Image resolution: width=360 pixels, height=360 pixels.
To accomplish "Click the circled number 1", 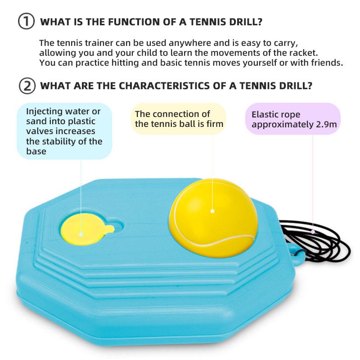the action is point(27,21).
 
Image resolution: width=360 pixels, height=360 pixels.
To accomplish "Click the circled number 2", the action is point(27,86).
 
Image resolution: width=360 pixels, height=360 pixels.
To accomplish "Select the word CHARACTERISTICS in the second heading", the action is point(164,85).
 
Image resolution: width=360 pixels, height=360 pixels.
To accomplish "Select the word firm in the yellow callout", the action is point(215,124).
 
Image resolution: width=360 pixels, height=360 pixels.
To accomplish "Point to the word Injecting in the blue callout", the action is point(45,112).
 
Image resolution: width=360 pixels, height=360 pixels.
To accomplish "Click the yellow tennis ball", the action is point(213,218).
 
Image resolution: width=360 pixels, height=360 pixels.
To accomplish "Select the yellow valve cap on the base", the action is point(86,229).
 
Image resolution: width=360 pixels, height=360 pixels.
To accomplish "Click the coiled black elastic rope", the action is point(317,240).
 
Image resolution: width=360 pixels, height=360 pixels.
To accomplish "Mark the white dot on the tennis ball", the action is point(212,211).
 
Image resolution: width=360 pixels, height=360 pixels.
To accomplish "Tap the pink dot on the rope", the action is point(313,232).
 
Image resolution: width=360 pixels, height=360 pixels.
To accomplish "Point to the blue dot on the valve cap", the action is point(81,234).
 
